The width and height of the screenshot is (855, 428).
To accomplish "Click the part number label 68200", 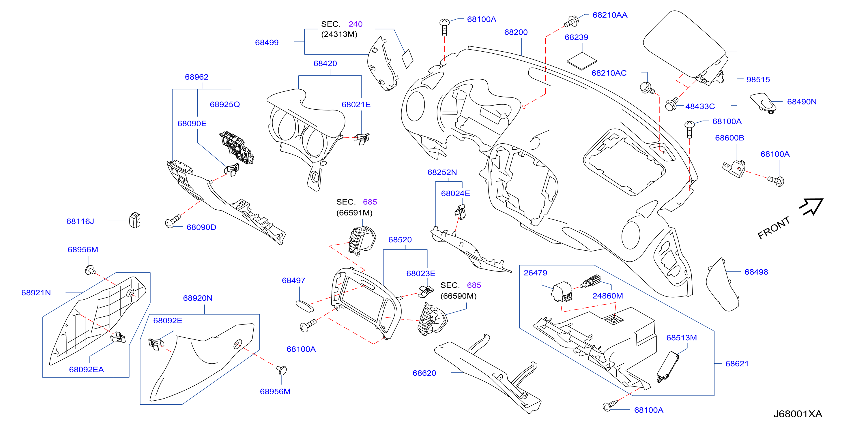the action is click(x=515, y=32).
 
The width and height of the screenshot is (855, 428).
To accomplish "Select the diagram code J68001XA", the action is click(x=798, y=414).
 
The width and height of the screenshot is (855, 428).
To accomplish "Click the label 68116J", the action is click(x=80, y=221).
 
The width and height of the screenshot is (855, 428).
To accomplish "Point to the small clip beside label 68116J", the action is click(x=135, y=220).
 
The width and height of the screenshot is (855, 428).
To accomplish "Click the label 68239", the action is click(x=576, y=37).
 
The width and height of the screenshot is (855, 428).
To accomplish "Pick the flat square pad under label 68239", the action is click(x=581, y=61).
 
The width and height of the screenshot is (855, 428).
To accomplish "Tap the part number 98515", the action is click(x=758, y=80).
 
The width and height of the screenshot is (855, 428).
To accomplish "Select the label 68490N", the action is click(x=802, y=102).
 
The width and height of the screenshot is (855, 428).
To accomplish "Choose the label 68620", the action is click(x=424, y=373).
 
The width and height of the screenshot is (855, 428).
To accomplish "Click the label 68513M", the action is click(x=681, y=338).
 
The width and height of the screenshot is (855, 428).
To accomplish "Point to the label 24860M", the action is click(x=607, y=296).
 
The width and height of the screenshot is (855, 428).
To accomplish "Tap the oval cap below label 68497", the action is click(x=304, y=306).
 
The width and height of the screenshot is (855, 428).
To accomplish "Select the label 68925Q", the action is click(x=225, y=104).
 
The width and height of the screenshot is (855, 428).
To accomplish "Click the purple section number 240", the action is click(x=355, y=24).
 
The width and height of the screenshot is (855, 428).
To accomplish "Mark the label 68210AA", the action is click(x=610, y=15).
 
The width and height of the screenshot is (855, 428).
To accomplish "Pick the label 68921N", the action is click(x=36, y=293).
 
